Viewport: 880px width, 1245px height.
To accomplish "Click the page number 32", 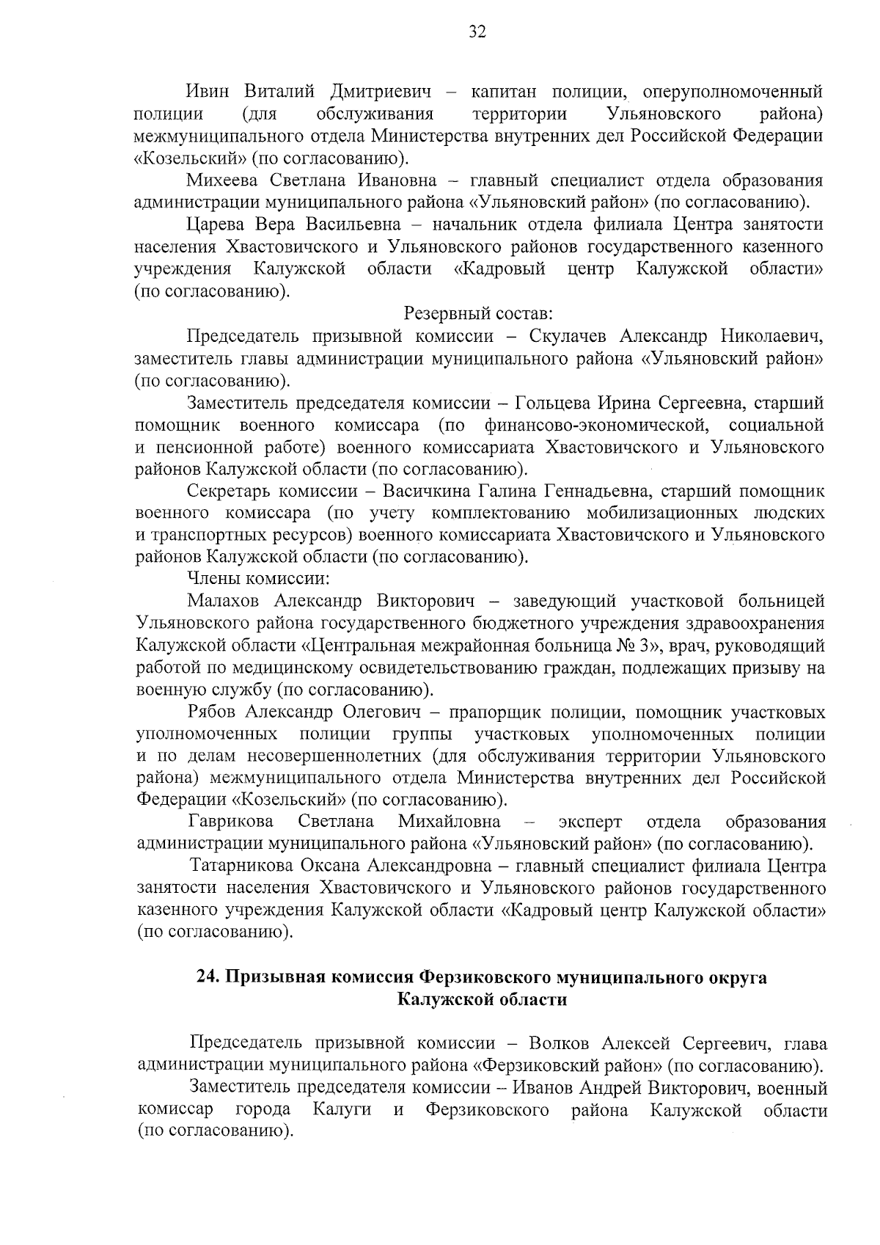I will [x=477, y=31].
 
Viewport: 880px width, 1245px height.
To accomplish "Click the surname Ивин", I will [x=208, y=92].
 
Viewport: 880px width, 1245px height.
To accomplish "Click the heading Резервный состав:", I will [x=478, y=314].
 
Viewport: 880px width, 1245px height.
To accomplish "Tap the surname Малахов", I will [x=224, y=602].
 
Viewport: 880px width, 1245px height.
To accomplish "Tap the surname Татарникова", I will [x=245, y=866].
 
